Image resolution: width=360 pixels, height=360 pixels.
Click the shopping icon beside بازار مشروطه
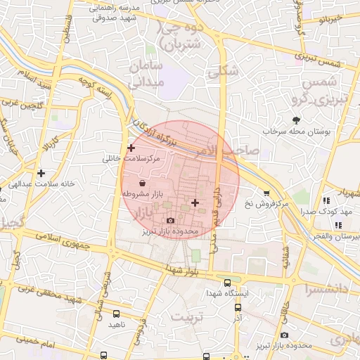pyautogui.click(x=143, y=182)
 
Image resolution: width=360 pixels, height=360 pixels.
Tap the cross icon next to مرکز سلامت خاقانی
pyautogui.click(x=131, y=148)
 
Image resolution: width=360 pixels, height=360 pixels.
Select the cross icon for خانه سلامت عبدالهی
pyautogui.click(x=41, y=172)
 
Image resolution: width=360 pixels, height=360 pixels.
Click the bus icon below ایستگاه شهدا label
pyautogui.click(x=236, y=307)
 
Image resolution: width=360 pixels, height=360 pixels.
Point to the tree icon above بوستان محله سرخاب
pyautogui.click(x=296, y=120)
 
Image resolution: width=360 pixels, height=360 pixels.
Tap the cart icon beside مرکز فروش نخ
pyautogui.click(x=266, y=193)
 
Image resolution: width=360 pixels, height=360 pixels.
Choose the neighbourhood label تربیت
pyautogui.click(x=187, y=316)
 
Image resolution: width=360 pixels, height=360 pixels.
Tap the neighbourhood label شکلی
pyautogui.click(x=224, y=70)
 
